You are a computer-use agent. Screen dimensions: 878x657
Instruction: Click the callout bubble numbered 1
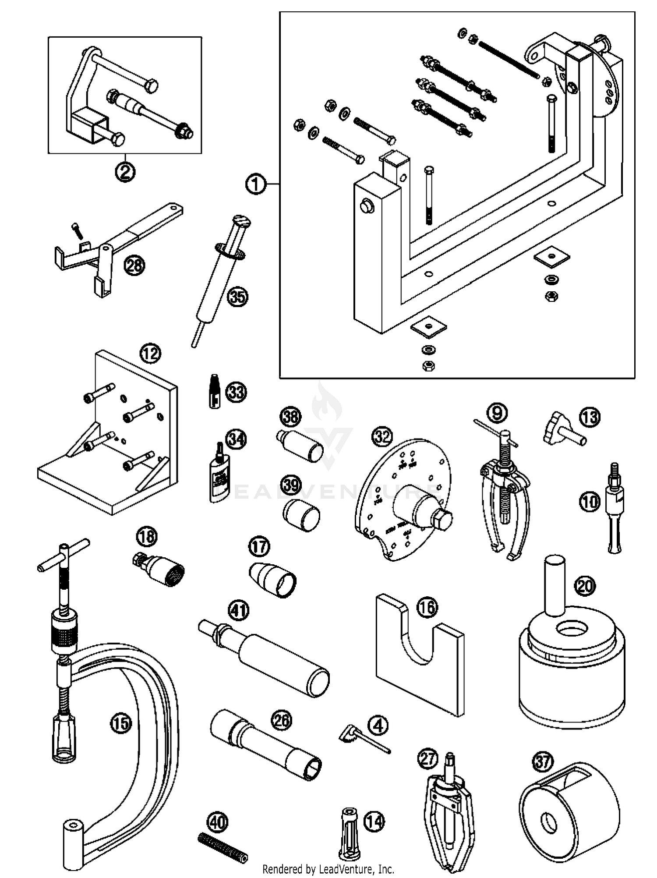click(256, 184)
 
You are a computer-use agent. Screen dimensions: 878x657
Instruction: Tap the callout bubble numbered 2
click(125, 171)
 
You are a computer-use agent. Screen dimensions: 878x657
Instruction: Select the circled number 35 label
click(238, 297)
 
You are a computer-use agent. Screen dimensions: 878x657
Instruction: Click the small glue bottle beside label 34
click(218, 479)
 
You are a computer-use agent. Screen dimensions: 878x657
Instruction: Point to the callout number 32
click(382, 436)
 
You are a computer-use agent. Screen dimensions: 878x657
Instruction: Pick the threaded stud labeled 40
click(223, 849)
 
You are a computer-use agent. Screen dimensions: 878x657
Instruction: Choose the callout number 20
click(586, 585)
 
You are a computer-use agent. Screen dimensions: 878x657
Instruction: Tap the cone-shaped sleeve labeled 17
click(272, 580)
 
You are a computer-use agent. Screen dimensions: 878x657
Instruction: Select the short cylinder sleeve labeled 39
click(301, 515)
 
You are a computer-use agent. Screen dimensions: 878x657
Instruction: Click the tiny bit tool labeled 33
click(214, 391)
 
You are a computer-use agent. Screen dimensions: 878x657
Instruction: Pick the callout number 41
click(239, 610)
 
